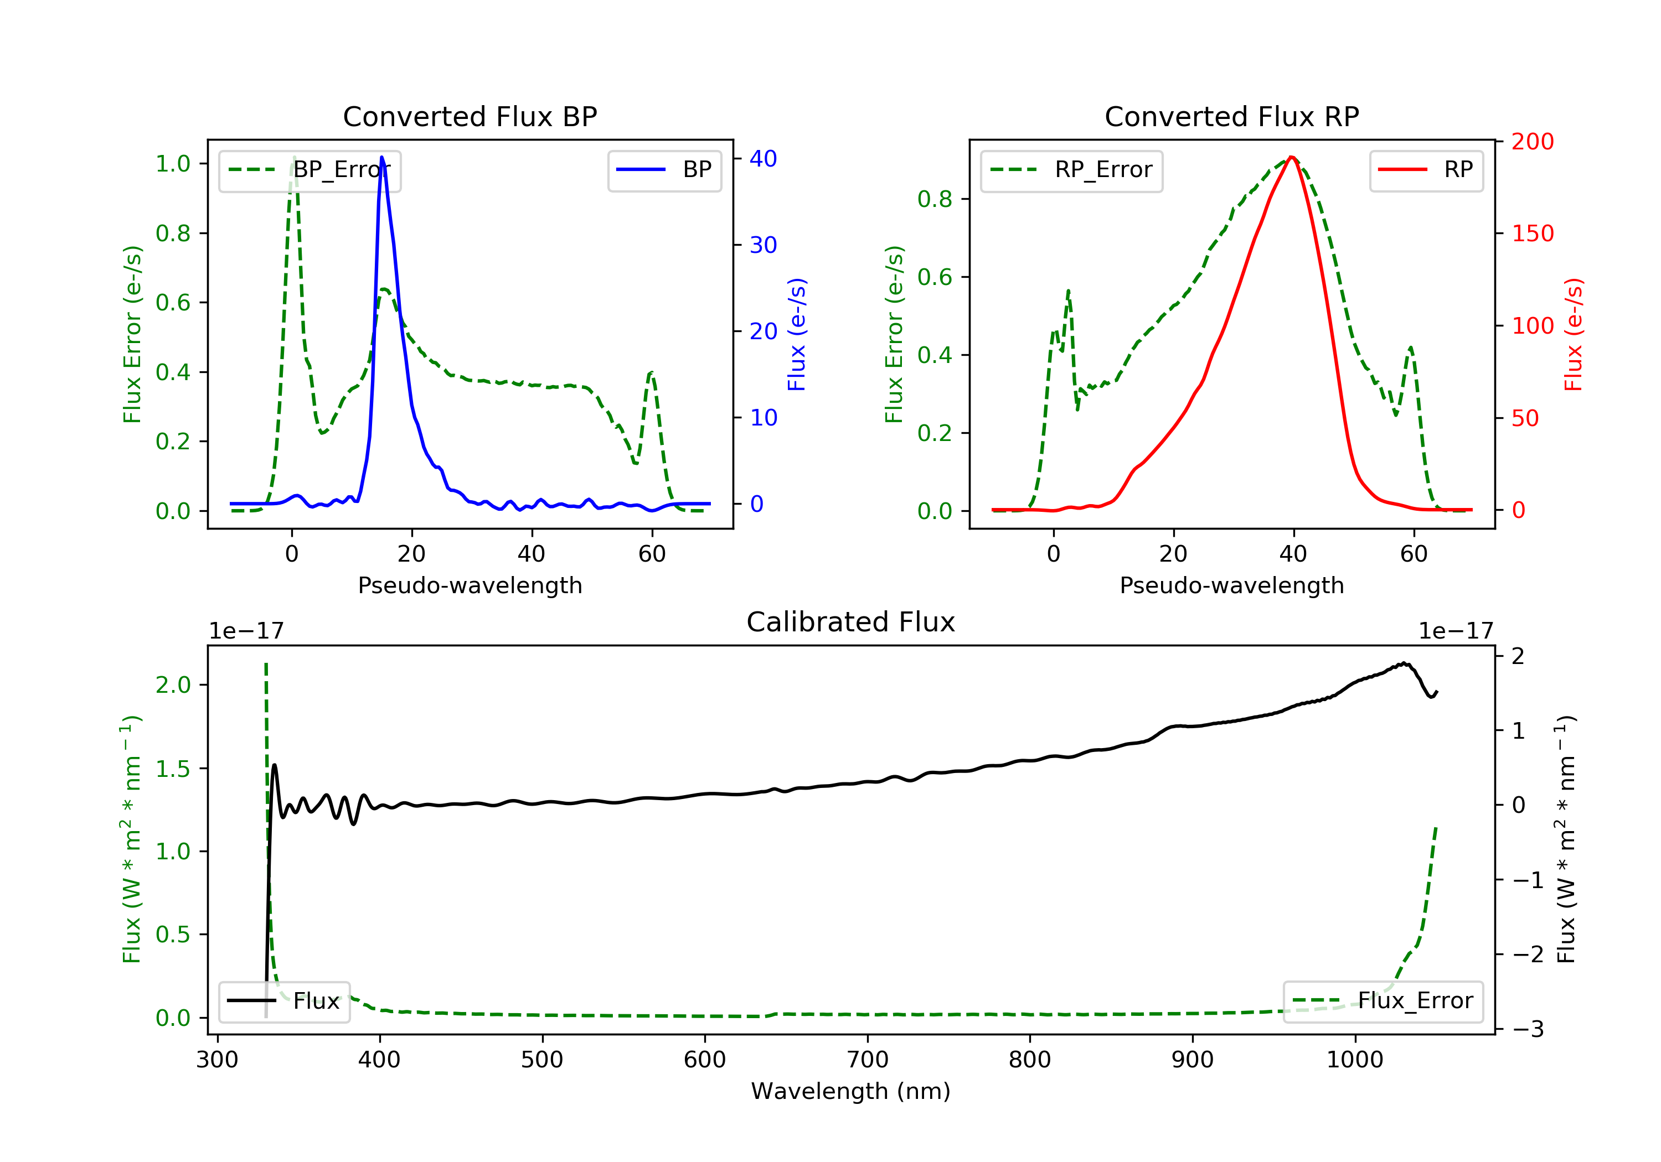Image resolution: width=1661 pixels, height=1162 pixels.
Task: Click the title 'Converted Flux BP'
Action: pos(470,116)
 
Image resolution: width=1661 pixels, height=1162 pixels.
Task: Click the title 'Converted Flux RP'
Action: pos(1231,116)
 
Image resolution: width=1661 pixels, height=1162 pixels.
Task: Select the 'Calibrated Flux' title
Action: pos(851,622)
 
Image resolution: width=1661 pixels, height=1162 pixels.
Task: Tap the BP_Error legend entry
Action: pos(309,170)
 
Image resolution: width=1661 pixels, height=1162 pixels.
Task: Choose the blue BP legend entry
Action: pos(664,170)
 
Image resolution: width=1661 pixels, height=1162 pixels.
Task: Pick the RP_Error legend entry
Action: pos(1071,170)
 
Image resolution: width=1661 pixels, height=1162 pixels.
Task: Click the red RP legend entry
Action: pos(1426,170)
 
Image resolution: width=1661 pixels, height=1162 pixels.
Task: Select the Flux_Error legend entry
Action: pos(1383,1002)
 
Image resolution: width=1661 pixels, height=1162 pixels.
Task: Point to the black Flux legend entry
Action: pos(283,1002)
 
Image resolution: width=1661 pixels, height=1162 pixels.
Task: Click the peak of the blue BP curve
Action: pos(382,157)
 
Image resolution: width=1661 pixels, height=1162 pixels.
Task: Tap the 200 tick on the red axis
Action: pos(1532,142)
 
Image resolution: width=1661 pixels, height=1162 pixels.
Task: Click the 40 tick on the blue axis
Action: pos(763,158)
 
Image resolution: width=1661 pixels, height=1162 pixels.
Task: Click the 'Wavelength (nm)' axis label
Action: pos(851,1091)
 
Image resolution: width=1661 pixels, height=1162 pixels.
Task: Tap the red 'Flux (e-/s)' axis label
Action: pos(1573,334)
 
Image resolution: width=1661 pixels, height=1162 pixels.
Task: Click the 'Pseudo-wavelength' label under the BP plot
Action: pos(470,585)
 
